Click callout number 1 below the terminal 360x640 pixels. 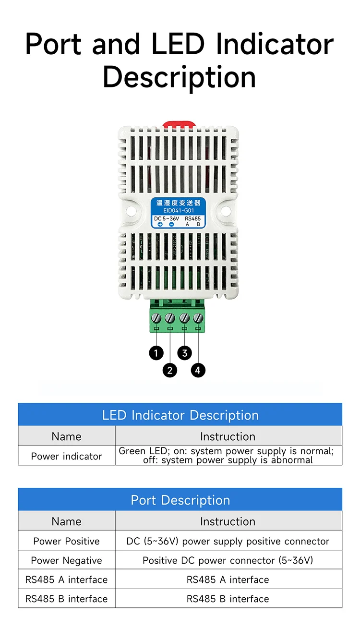pos(156,354)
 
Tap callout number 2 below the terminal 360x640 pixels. pos(169,370)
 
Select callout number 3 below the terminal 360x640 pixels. pos(185,354)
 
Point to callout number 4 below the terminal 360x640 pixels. pos(198,370)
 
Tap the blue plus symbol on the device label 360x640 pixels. pos(160,224)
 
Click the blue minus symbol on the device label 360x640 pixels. pos(171,224)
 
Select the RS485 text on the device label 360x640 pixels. pos(193,218)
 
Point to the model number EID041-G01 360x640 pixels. pos(179,211)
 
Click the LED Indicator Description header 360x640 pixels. pos(180,415)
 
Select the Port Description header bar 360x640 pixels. pos(180,500)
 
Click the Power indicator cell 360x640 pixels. pos(66,456)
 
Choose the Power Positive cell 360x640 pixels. pos(66,541)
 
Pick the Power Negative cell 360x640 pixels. pos(66,560)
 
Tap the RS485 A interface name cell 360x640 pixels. pos(66,580)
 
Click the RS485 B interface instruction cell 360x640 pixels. pos(228,599)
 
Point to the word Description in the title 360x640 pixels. pos(179,77)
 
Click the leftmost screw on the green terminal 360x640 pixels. pos(156,317)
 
